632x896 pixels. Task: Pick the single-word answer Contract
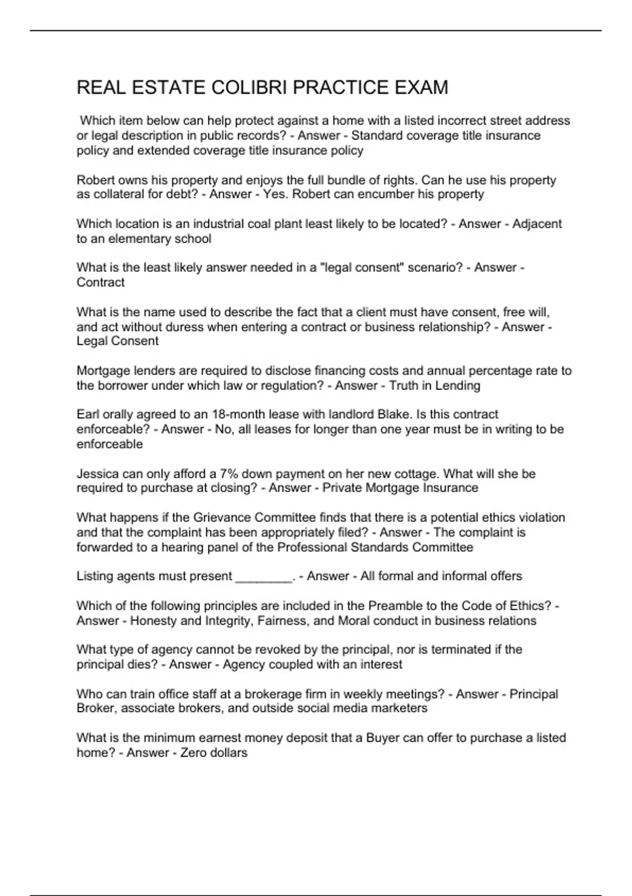coord(101,283)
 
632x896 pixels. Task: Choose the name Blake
coord(393,414)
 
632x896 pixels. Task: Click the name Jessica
coord(97,474)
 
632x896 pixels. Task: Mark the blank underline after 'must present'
coord(263,577)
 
